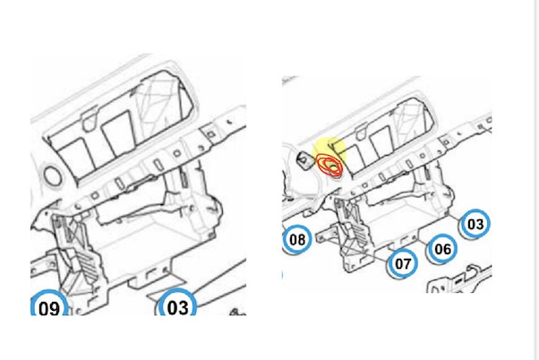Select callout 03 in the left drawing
click(177, 305)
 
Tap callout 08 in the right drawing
click(297, 239)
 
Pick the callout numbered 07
click(403, 263)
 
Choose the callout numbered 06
click(442, 249)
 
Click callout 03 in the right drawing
click(475, 224)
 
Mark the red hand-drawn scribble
click(329, 166)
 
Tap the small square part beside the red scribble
click(304, 160)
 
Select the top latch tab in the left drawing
click(89, 118)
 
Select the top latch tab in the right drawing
click(361, 133)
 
